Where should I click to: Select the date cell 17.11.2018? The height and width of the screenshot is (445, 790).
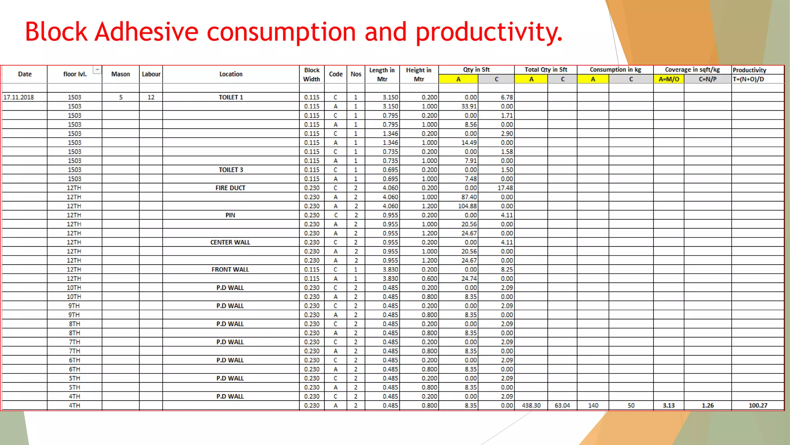(19, 97)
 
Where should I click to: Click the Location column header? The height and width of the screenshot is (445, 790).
(231, 74)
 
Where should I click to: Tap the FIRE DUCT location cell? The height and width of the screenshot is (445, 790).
(230, 188)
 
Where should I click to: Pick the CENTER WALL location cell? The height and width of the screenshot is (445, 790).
(230, 243)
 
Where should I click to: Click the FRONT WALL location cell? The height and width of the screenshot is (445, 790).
(230, 270)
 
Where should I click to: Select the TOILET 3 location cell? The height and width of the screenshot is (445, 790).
(231, 170)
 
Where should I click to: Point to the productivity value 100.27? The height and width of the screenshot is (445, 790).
(758, 406)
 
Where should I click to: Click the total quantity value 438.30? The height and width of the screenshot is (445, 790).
(531, 406)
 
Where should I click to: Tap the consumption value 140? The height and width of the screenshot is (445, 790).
(593, 406)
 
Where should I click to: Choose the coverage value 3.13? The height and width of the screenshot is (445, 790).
(668, 406)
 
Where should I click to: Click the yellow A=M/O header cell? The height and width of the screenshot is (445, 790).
(668, 79)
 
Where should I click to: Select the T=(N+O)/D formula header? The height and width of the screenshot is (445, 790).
(748, 79)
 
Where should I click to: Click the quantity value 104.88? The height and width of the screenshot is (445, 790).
(467, 206)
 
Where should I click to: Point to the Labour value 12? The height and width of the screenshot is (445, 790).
(151, 97)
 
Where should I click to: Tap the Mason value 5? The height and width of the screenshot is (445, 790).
(121, 97)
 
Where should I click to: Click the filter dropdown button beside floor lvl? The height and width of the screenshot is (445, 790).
(97, 70)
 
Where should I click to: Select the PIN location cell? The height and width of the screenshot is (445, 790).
(230, 215)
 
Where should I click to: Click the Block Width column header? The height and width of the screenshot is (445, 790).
(312, 75)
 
